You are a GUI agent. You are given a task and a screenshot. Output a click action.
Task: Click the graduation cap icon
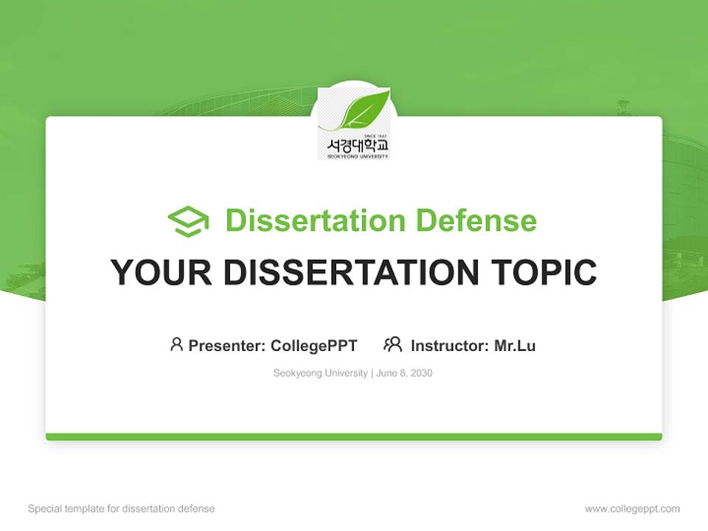pyautogui.click(x=188, y=221)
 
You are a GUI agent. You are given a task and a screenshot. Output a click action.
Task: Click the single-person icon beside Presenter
pyautogui.click(x=176, y=344)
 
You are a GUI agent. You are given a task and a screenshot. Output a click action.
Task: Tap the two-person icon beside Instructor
pyautogui.click(x=392, y=344)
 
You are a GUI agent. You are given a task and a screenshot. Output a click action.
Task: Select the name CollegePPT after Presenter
pyautogui.click(x=314, y=346)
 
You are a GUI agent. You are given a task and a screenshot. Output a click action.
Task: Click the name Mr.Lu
pyautogui.click(x=515, y=346)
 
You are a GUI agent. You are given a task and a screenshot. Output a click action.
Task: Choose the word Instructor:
pyautogui.click(x=450, y=346)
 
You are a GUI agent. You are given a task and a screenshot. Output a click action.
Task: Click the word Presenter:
pyautogui.click(x=227, y=346)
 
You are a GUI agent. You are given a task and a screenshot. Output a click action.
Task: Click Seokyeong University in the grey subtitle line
pyautogui.click(x=320, y=373)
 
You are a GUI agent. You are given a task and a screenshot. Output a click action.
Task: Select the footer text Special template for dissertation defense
pyautogui.click(x=122, y=509)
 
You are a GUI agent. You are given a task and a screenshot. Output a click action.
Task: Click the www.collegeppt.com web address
pyautogui.click(x=632, y=509)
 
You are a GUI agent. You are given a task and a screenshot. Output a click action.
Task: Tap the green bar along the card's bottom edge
pyautogui.click(x=354, y=437)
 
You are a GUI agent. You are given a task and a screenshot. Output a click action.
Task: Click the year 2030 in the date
pyautogui.click(x=422, y=373)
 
